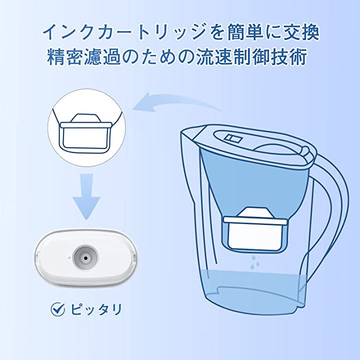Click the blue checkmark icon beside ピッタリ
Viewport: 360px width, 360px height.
57,309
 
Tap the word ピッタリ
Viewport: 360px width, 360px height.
95,309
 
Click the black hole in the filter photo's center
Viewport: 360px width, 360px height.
86,258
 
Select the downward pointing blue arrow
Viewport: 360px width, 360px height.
86,196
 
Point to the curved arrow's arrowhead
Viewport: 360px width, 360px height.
143,102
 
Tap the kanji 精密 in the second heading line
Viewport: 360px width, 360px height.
64,56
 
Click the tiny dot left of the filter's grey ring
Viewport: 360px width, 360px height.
69,258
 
